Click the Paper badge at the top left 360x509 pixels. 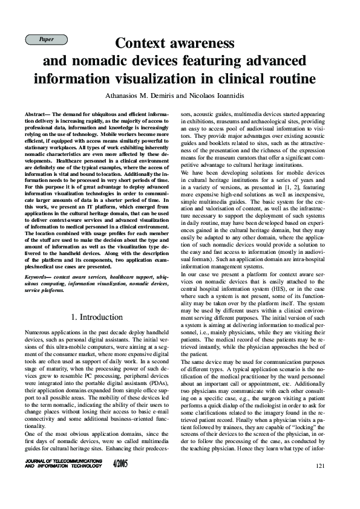point(46,39)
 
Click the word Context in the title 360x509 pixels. point(143,44)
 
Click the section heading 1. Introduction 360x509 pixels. point(97,317)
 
